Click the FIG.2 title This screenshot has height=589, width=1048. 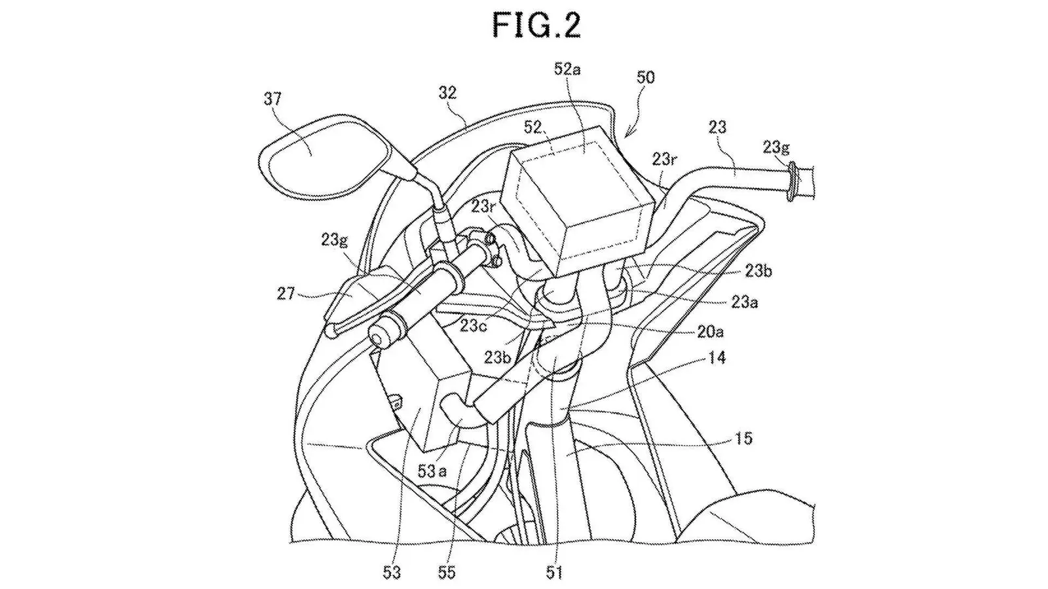click(536, 26)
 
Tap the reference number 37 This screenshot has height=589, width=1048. click(272, 99)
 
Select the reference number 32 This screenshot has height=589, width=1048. click(447, 93)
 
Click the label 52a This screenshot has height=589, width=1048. click(567, 69)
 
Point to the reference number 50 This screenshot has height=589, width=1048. click(646, 77)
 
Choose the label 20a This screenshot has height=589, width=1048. click(711, 332)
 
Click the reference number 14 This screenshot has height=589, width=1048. click(717, 358)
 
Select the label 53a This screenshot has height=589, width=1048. click(432, 471)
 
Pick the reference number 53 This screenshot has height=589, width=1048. click(392, 572)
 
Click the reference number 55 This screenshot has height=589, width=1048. click(447, 572)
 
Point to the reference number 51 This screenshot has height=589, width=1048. click(554, 572)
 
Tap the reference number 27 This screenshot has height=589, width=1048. click(286, 294)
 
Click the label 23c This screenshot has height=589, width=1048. click(473, 325)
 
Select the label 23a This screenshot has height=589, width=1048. click(744, 302)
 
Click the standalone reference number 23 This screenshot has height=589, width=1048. click(717, 127)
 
